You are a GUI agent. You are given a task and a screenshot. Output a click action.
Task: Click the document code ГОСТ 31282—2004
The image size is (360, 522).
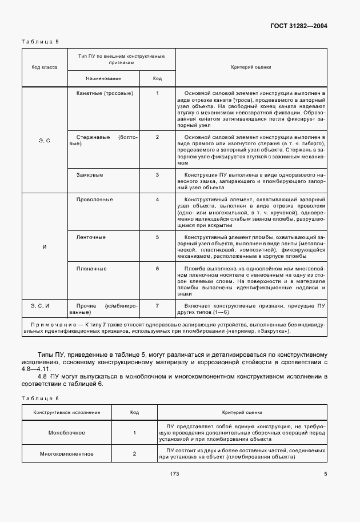(x=302, y=26)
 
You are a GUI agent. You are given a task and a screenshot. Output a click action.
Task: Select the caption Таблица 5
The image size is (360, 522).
(x=39, y=42)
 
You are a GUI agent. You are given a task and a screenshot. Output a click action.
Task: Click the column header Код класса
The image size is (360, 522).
(x=44, y=67)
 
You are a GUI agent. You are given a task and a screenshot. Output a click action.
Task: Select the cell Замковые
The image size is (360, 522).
(x=90, y=174)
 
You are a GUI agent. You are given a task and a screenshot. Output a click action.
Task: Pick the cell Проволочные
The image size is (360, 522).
(x=94, y=200)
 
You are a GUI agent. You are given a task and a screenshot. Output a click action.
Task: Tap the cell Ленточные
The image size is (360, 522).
(x=91, y=236)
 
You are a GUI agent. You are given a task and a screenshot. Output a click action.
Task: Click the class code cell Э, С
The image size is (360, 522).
(x=44, y=140)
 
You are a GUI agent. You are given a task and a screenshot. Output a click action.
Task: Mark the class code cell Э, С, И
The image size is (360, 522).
(x=44, y=306)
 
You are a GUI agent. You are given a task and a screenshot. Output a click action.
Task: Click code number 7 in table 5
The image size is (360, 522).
(x=157, y=306)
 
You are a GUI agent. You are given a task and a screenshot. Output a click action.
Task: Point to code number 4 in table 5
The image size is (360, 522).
(x=157, y=200)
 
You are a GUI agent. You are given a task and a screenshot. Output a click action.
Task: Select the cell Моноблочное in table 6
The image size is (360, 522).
(x=66, y=433)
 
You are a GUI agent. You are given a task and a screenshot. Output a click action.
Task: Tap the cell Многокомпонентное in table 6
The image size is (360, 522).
(x=66, y=454)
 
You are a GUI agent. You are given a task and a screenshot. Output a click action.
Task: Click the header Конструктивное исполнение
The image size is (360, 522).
(x=66, y=412)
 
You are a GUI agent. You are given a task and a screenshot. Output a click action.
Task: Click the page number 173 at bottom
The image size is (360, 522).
(x=175, y=473)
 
